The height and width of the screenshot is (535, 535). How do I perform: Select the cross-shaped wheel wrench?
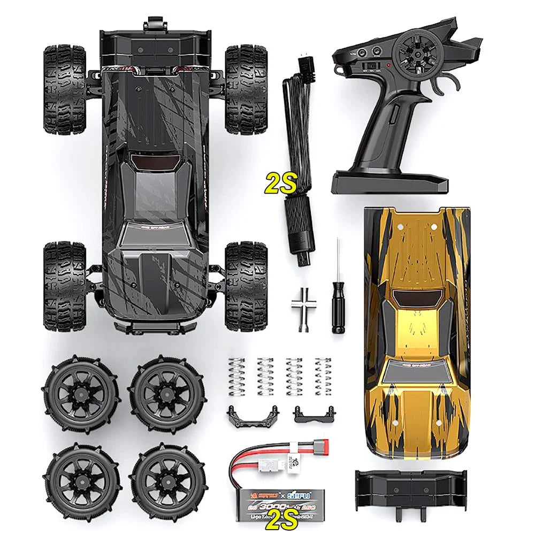click(304, 303)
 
